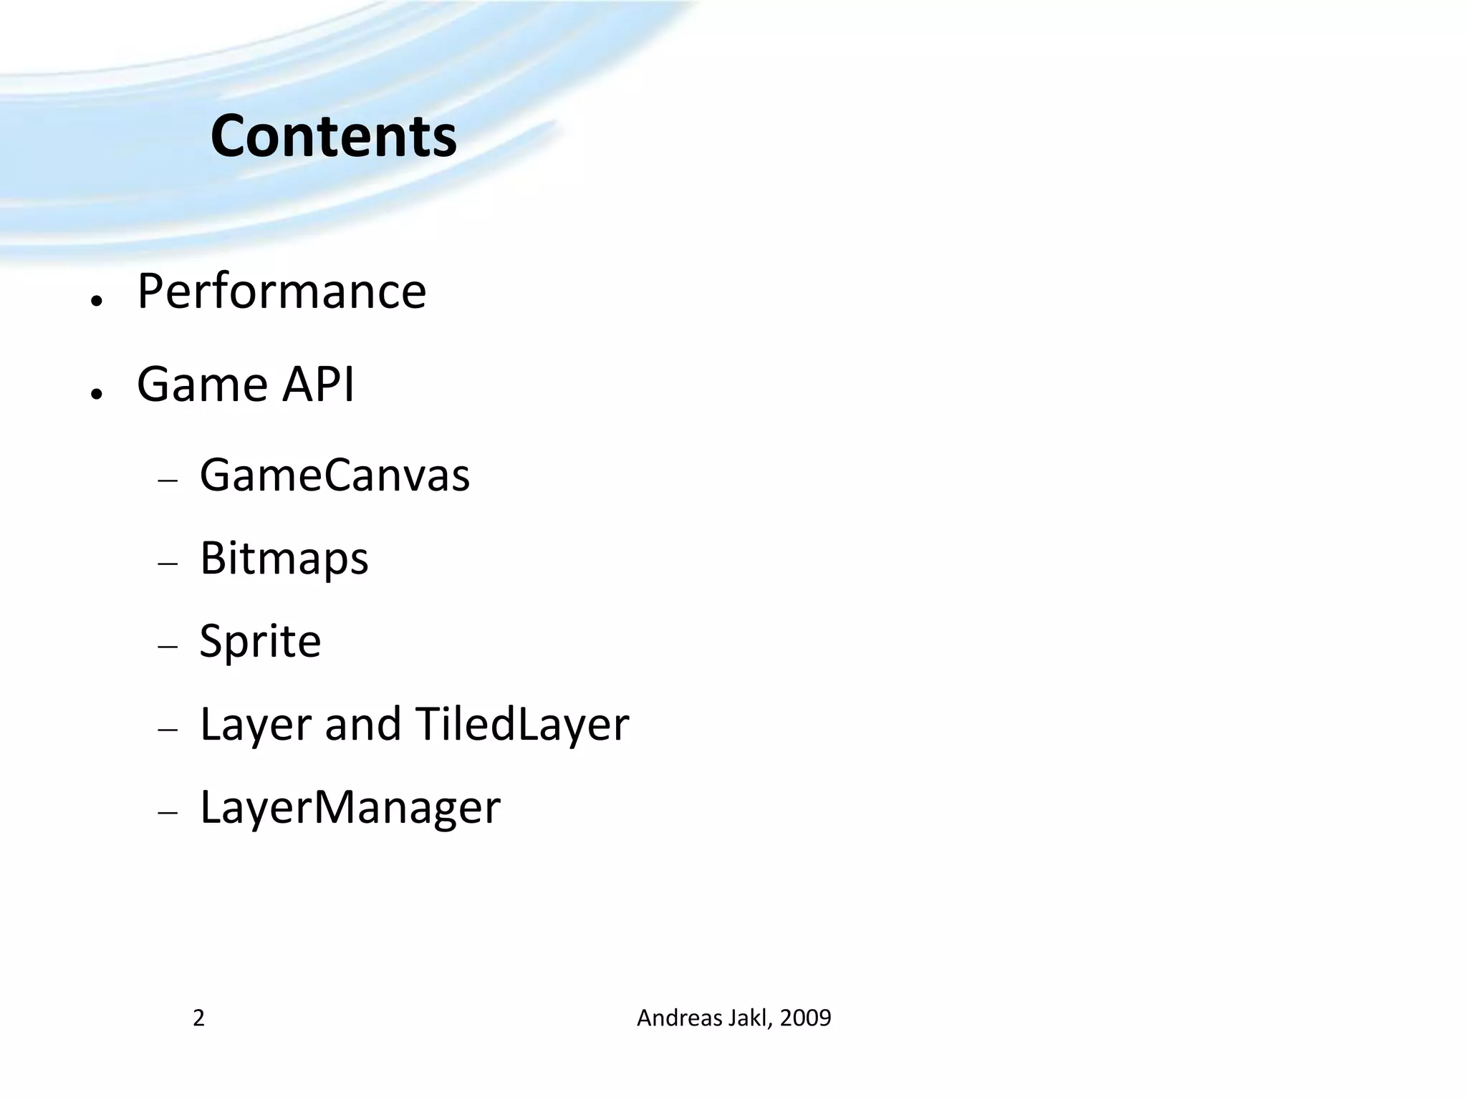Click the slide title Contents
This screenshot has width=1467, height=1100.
[334, 136]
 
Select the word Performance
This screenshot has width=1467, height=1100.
[282, 291]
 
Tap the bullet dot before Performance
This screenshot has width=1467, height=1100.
[97, 300]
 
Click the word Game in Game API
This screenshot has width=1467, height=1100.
[202, 385]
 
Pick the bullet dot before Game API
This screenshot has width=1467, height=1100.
[97, 393]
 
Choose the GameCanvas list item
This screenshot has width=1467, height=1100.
[335, 475]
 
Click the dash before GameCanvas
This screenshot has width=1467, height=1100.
[168, 481]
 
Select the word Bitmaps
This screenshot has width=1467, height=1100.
[284, 558]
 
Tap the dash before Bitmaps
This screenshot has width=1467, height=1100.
[168, 564]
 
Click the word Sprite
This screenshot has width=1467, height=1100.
[260, 641]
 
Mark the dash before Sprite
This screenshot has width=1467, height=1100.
[168, 647]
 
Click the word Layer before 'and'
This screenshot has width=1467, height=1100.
[256, 725]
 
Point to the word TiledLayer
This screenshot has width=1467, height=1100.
[521, 724]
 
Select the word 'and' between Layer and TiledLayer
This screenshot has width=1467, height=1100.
[362, 724]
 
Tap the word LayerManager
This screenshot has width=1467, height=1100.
[350, 807]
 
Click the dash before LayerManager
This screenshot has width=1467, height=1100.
[168, 813]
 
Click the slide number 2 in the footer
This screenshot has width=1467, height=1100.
[199, 1018]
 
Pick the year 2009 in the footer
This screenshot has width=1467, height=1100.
[805, 1018]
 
